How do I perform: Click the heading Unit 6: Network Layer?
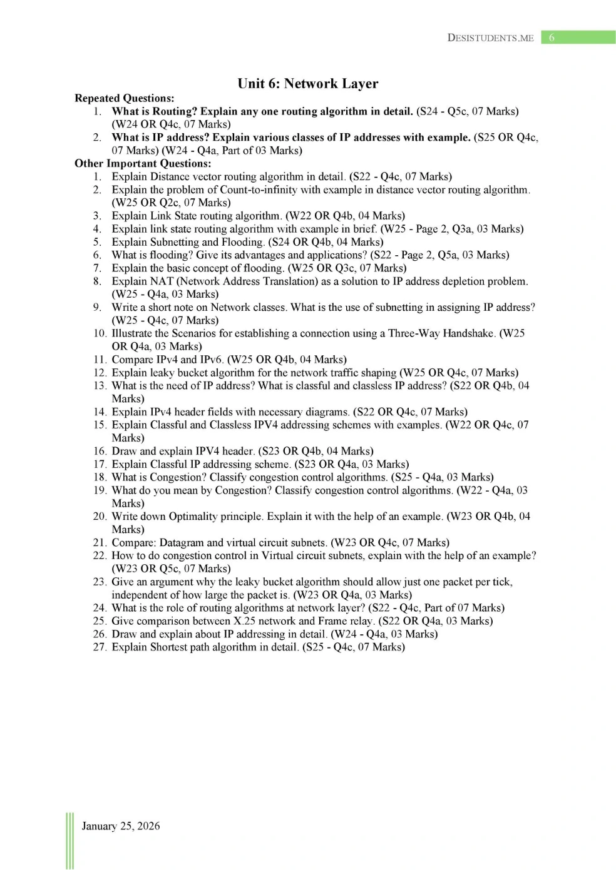click(x=307, y=84)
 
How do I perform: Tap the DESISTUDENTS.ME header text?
click(x=490, y=38)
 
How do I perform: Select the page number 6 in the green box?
click(x=552, y=38)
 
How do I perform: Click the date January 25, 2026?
click(x=120, y=826)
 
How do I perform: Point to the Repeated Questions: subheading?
click(x=124, y=98)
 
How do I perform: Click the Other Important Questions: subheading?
click(x=143, y=163)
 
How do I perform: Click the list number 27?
click(x=100, y=647)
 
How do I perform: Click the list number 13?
click(x=100, y=386)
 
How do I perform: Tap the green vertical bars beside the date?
click(x=69, y=840)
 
